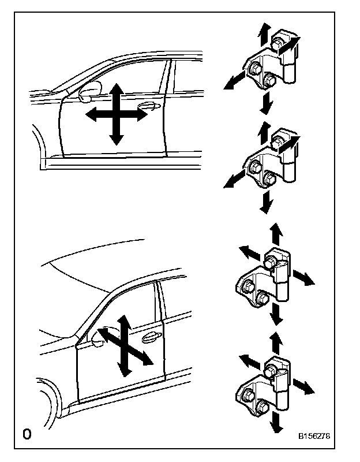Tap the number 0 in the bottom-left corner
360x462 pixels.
pos(27,434)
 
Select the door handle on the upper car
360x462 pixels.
pos(147,105)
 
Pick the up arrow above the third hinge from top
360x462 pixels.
pos(276,229)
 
